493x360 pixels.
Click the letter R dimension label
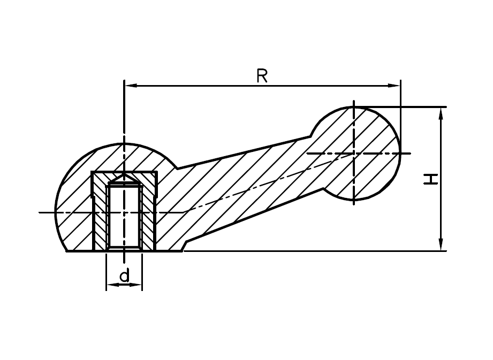tap(262, 76)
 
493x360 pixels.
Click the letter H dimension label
tap(430, 179)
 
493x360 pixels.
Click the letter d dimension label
tap(124, 276)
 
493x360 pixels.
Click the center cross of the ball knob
tap(353, 154)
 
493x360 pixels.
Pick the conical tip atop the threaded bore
tap(124, 177)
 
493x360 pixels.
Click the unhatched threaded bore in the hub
tap(124, 217)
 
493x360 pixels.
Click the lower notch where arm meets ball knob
tap(324, 188)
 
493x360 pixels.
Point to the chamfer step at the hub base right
tap(184, 246)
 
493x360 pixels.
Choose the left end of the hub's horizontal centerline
tap(41, 213)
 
